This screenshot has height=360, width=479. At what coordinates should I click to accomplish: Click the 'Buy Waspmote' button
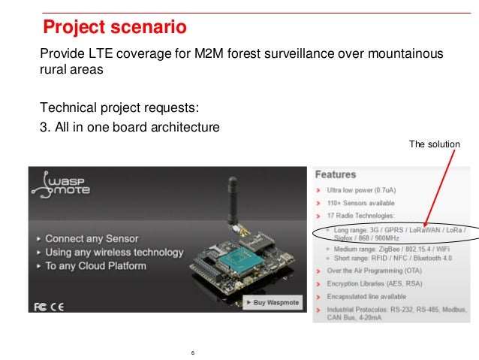point(271,302)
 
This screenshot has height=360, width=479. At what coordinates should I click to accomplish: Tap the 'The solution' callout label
point(435,144)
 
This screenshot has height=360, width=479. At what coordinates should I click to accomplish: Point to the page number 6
point(193,352)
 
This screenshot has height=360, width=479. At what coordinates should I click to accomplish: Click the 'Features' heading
point(336,174)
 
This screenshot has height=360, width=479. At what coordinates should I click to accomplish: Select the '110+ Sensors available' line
point(361,204)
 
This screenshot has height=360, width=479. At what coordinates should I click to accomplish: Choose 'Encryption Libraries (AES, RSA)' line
point(375,283)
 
